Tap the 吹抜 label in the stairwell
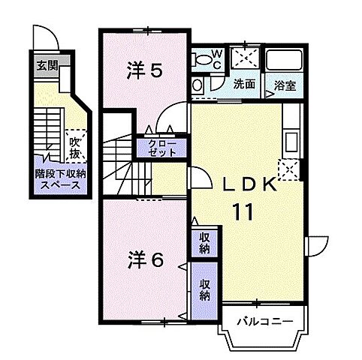76,145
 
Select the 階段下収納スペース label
61,178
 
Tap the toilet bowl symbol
198,85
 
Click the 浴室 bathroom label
285,85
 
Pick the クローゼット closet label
162,147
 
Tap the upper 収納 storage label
204,244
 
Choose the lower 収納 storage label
204,289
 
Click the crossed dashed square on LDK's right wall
288,169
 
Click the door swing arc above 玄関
45,37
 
